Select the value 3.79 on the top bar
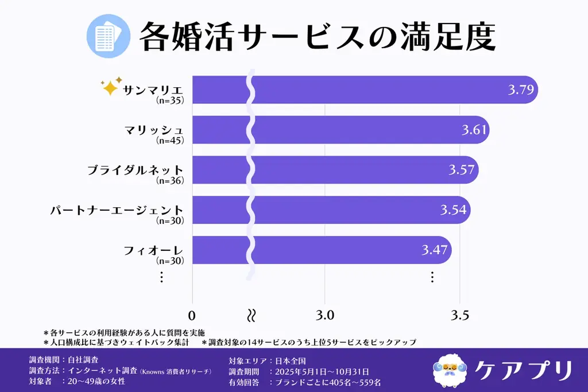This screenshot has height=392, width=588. coord(521,90)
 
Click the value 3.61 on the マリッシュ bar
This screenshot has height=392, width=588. coord(474,130)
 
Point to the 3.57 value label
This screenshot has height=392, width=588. coord(462,170)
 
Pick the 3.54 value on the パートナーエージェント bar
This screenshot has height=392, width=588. coord(454,210)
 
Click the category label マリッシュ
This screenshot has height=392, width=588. coord(153,130)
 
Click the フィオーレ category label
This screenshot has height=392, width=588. coord(153,250)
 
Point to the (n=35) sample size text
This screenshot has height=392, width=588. coord(169,100)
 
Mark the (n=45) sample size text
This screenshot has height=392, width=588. coord(169,141)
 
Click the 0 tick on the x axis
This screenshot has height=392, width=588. coord(192,315)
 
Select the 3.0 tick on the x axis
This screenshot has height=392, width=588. coord(325,315)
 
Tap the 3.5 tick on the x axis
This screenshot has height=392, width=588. coord(459,315)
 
